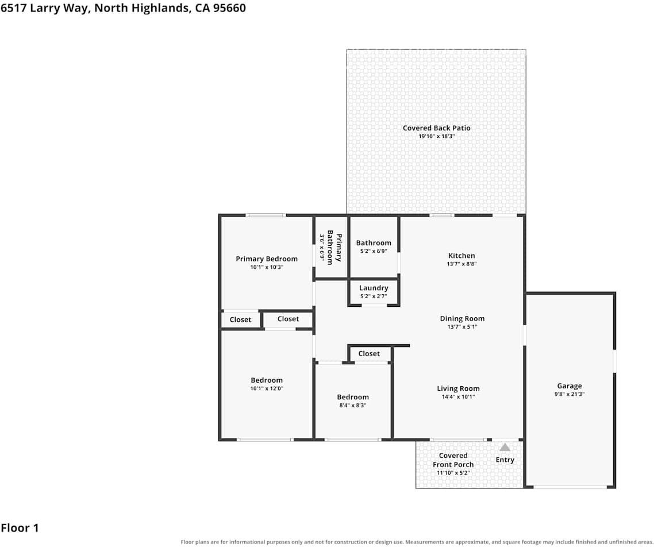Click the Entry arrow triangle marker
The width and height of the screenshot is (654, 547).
point(505,448)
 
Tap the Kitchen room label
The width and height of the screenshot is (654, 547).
point(461,256)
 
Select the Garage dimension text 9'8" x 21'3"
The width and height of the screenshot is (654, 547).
point(570,394)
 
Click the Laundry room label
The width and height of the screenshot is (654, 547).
point(374,288)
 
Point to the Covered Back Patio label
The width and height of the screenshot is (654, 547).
point(436,128)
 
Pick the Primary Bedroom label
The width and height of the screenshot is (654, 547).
point(267,259)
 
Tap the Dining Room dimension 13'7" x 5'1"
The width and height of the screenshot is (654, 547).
point(462,327)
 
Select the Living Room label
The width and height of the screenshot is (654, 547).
point(458,388)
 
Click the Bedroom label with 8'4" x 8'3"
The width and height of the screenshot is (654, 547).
point(353,397)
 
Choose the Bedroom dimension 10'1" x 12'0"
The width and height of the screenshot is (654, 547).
point(267,388)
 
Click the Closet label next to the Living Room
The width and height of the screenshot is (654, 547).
point(369,353)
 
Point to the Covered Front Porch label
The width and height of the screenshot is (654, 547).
point(453,460)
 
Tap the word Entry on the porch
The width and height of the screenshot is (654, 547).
point(505,460)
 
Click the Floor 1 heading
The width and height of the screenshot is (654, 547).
point(20,528)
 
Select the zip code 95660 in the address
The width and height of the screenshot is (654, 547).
point(229,8)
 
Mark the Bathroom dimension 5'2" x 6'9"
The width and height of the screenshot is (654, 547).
point(374,251)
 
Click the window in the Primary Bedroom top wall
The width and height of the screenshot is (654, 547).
point(266,215)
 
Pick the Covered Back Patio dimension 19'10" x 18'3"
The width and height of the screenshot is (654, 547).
point(437,136)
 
